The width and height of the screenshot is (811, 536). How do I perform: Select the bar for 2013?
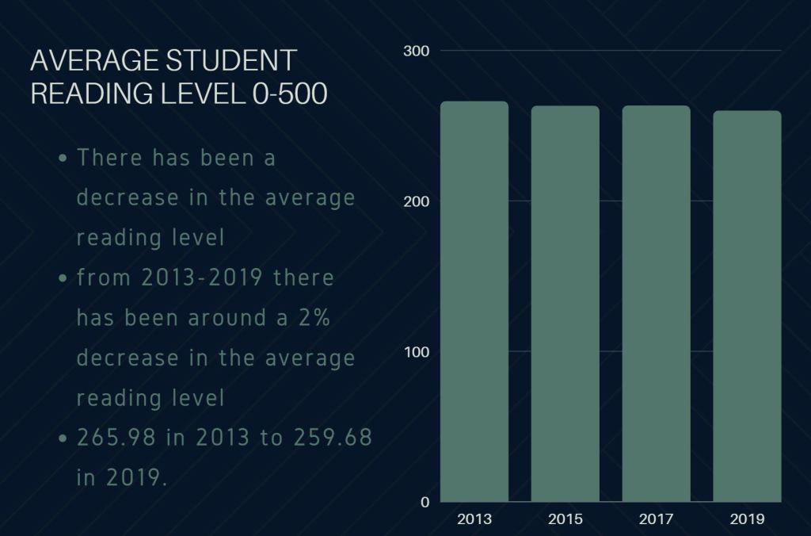[474, 301]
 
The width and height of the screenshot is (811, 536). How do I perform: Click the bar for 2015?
[565, 304]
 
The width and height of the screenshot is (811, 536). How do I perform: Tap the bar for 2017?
[656, 304]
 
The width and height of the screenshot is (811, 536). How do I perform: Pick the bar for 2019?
[747, 306]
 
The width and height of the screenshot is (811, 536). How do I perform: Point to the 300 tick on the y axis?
[417, 52]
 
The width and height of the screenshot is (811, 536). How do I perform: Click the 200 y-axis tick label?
[417, 201]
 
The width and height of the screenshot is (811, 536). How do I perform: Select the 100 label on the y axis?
[417, 351]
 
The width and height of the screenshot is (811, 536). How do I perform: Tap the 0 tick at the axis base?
[425, 502]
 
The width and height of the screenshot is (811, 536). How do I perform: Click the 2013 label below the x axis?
[474, 519]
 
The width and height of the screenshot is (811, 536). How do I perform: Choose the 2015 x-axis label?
[565, 519]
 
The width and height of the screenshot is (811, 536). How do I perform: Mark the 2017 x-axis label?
[656, 519]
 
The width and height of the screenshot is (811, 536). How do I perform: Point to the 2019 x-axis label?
[747, 519]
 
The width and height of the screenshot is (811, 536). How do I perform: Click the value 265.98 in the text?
[116, 438]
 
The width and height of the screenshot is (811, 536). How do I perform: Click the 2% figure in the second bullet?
[315, 318]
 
